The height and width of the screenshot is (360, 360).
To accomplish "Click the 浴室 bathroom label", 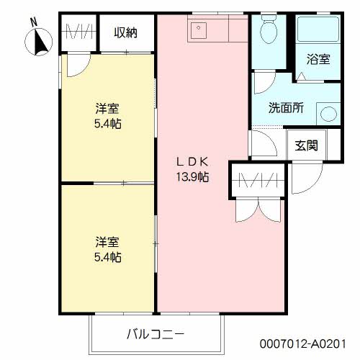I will [319, 60].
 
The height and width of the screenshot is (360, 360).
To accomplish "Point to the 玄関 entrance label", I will [306, 145].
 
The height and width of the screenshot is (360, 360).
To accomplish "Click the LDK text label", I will [192, 161].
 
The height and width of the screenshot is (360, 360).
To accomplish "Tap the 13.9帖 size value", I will [192, 176].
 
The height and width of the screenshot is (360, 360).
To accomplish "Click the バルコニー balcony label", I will [156, 334].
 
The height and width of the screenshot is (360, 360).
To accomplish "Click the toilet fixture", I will [269, 30].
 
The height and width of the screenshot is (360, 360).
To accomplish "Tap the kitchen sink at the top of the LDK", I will [199, 30].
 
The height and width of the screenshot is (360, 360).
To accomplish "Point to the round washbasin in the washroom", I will [328, 114].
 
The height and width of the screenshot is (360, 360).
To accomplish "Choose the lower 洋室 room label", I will [107, 241].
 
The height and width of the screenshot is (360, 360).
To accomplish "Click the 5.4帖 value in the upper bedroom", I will [107, 124].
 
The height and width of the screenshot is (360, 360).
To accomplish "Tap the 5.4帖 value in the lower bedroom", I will [107, 256].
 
